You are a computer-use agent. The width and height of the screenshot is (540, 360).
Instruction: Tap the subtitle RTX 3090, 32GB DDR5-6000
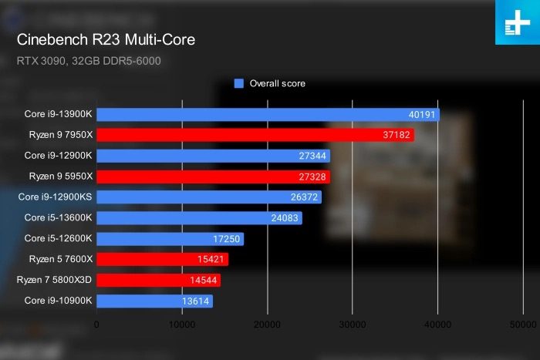89,60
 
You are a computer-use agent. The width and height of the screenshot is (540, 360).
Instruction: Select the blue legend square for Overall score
239,83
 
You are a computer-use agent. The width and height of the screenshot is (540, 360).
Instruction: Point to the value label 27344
312,156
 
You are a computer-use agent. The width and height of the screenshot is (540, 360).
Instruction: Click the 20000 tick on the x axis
268,325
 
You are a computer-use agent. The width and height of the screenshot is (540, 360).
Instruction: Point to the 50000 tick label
523,325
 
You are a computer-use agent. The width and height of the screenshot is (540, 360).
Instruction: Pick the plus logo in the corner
516,22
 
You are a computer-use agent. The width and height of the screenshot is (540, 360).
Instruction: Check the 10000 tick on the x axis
182,325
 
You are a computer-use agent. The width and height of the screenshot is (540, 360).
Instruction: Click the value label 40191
422,114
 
